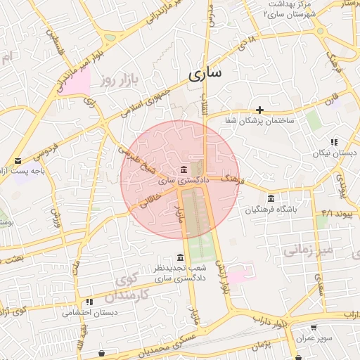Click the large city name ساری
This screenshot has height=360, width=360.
205,72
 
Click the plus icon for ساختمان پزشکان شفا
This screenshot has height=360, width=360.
260,109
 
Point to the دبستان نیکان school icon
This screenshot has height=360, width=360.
334,141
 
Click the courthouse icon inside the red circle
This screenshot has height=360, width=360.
184,169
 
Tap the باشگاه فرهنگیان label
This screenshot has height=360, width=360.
271,210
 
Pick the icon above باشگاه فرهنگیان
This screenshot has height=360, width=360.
271,198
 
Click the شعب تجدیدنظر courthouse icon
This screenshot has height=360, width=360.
181,257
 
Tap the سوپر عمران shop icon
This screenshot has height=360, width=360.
314,327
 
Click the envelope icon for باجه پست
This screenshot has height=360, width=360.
18,161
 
